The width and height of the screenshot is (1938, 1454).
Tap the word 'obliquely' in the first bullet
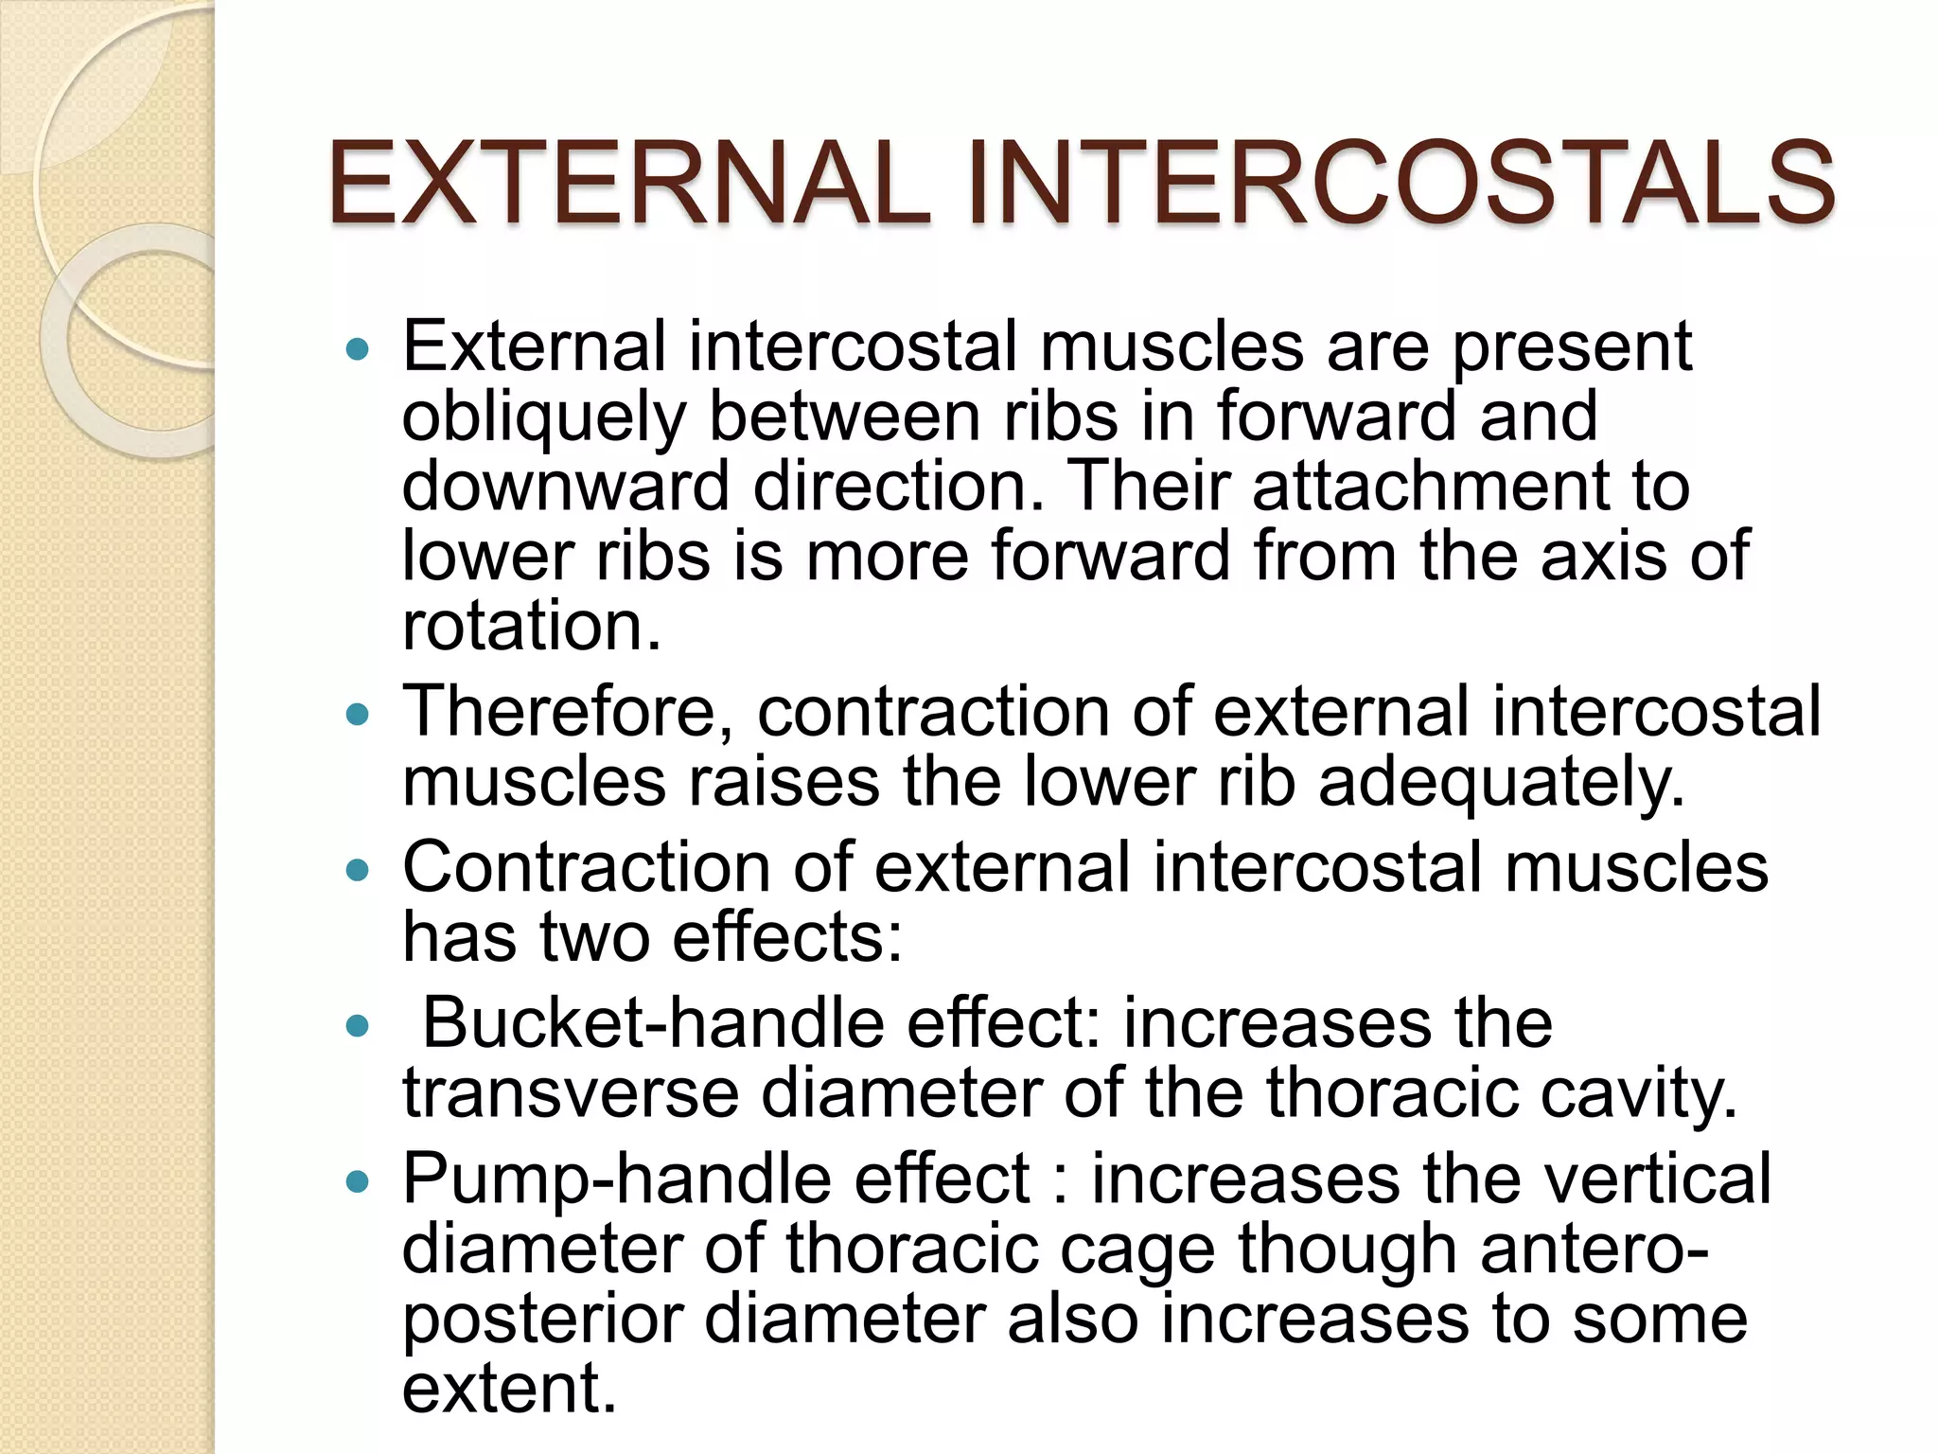[543, 417]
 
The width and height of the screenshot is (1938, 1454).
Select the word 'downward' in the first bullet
[565, 487]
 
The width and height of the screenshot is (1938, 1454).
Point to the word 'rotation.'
[531, 627]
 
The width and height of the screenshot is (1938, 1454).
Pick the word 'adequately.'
[1502, 783]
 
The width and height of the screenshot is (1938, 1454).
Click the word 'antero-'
[1594, 1250]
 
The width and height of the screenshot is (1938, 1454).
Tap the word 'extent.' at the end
[509, 1389]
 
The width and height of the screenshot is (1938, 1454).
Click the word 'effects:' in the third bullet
[787, 938]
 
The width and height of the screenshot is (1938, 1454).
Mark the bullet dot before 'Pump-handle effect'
[357, 1181]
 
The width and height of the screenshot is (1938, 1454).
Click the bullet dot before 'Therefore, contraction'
[357, 714]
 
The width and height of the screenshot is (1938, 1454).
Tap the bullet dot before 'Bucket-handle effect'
[357, 1026]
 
